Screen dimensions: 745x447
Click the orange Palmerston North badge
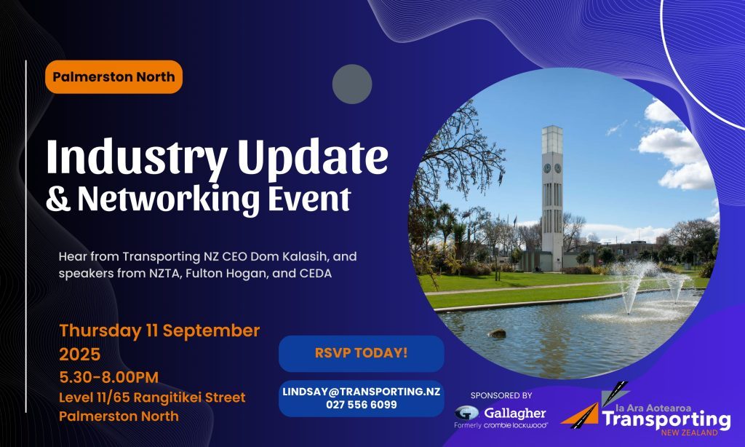pos(113,76)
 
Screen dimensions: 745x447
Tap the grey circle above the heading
pos(352,84)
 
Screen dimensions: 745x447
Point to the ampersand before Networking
pos(58,198)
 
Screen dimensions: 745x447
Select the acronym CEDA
pos(316,274)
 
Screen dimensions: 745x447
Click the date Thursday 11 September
pos(159,331)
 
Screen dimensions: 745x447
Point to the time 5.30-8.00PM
pos(109,378)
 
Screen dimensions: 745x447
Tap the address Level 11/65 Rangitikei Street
pos(152,397)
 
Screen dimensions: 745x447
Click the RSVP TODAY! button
pos(361,353)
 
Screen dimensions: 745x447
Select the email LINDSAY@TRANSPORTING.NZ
pos(361,392)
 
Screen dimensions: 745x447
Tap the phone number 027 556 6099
pos(361,405)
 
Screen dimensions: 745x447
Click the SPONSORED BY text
pos(501,395)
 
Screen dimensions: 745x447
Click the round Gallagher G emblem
pos(466,412)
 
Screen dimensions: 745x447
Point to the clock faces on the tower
pos(552,168)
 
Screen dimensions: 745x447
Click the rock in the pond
pos(497,333)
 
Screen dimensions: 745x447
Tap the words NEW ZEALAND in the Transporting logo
pos(689,432)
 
